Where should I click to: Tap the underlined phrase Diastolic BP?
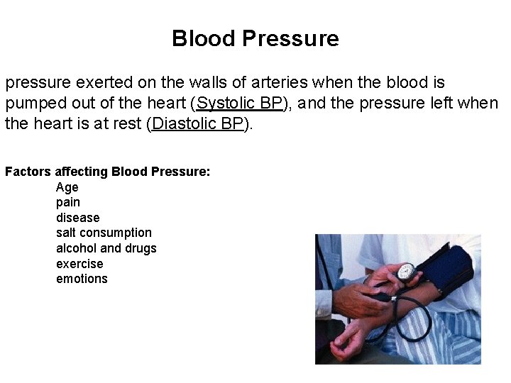coord(198,124)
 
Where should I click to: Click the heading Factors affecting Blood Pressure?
coord(107,172)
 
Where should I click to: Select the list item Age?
coord(67,187)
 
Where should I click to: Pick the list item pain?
coord(68,203)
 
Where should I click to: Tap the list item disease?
coord(78,218)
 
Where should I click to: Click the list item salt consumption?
coord(104,233)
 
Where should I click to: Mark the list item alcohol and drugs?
coord(106,248)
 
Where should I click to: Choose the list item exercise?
coord(79,264)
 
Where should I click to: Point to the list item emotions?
coord(82,279)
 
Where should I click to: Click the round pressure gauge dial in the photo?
coord(406,271)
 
